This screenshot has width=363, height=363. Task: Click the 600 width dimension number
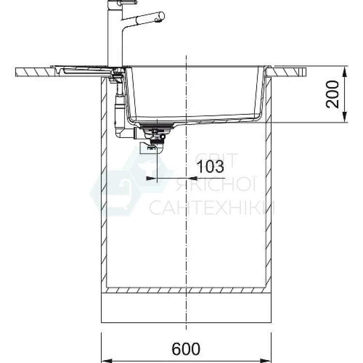(x=186, y=348)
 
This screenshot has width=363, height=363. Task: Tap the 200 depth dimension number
(x=332, y=94)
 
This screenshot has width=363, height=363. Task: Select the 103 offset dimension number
(x=210, y=166)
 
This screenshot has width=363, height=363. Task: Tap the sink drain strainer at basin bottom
(x=157, y=126)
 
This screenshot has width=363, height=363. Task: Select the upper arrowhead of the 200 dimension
(x=345, y=71)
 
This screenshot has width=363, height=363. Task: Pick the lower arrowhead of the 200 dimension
(x=345, y=117)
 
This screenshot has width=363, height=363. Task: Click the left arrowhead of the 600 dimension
(x=107, y=361)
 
